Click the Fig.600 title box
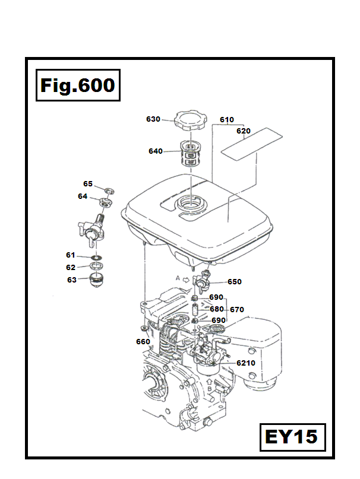(x=78, y=86)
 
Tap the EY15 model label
(x=291, y=438)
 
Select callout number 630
(x=153, y=119)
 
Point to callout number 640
(x=156, y=151)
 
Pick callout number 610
(x=227, y=120)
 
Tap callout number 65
(x=88, y=184)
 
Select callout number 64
(x=83, y=196)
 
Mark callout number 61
(x=71, y=255)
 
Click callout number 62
(x=71, y=267)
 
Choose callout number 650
(x=235, y=282)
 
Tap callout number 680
(x=216, y=309)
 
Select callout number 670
(x=237, y=309)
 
